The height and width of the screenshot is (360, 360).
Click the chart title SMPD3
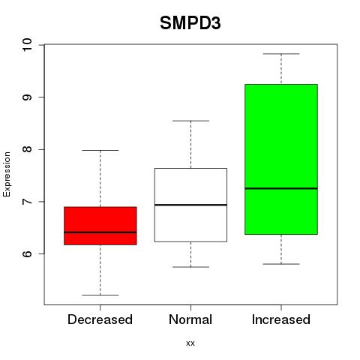pos(190,23)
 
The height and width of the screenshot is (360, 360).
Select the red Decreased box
pos(100,226)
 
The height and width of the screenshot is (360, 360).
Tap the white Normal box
pos(190,205)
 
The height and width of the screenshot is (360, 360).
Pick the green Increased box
pos(281,159)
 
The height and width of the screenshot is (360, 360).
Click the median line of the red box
pos(100,232)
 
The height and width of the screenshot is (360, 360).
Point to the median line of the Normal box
pos(190,205)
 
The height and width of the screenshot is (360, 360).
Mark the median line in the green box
pos(281,188)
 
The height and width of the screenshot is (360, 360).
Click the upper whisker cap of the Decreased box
pos(100,150)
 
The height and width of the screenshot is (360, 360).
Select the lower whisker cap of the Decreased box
pos(100,295)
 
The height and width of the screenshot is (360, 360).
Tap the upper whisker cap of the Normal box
pos(190,121)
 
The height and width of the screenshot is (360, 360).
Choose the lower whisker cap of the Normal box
pos(190,267)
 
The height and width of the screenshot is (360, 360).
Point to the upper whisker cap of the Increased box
pos(281,54)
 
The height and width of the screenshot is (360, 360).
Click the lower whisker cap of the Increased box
pos(281,264)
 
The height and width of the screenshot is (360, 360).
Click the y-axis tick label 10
pos(27,45)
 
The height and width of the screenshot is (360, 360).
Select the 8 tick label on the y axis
pos(27,149)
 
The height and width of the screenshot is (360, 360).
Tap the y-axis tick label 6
pos(27,253)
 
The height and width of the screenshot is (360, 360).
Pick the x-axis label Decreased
pos(100,319)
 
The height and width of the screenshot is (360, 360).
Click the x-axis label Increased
pos(281,319)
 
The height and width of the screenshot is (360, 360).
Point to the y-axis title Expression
pos(7,174)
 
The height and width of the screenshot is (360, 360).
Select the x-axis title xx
pos(190,343)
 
